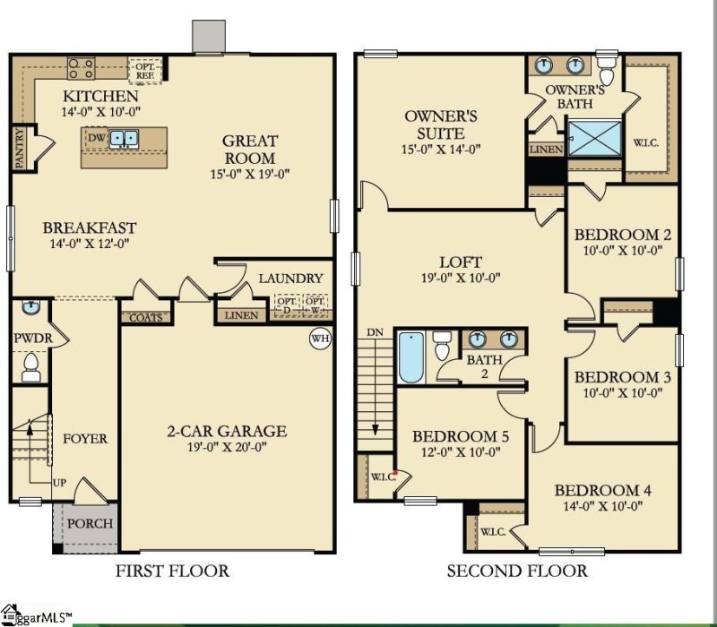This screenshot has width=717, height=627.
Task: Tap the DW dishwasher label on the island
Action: [x=96, y=137]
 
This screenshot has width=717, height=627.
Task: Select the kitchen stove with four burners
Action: [x=82, y=68]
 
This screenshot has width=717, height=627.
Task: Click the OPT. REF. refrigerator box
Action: [x=145, y=71]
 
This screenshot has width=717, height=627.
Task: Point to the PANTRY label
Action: [x=19, y=148]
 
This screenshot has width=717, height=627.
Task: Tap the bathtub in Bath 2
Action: [x=411, y=356]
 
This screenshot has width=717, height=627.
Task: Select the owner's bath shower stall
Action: [x=594, y=138]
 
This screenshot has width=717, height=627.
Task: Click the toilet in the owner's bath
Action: [x=608, y=69]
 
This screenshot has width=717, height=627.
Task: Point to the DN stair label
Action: [x=375, y=332]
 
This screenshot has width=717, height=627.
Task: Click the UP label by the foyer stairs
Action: [x=59, y=483]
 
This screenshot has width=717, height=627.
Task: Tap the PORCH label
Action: [x=91, y=523]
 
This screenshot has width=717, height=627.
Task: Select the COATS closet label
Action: [x=146, y=318]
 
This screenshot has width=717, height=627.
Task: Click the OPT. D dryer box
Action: [x=287, y=305]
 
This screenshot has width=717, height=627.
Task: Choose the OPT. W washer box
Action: [x=315, y=305]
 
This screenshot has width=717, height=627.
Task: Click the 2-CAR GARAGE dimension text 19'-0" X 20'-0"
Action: [x=227, y=446]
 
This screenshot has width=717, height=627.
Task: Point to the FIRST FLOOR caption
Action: [x=172, y=571]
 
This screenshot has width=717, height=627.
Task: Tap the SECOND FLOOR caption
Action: [x=517, y=571]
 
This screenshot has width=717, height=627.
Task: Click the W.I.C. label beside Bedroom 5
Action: [x=384, y=477]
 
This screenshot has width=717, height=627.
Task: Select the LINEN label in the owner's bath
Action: [x=547, y=150]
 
